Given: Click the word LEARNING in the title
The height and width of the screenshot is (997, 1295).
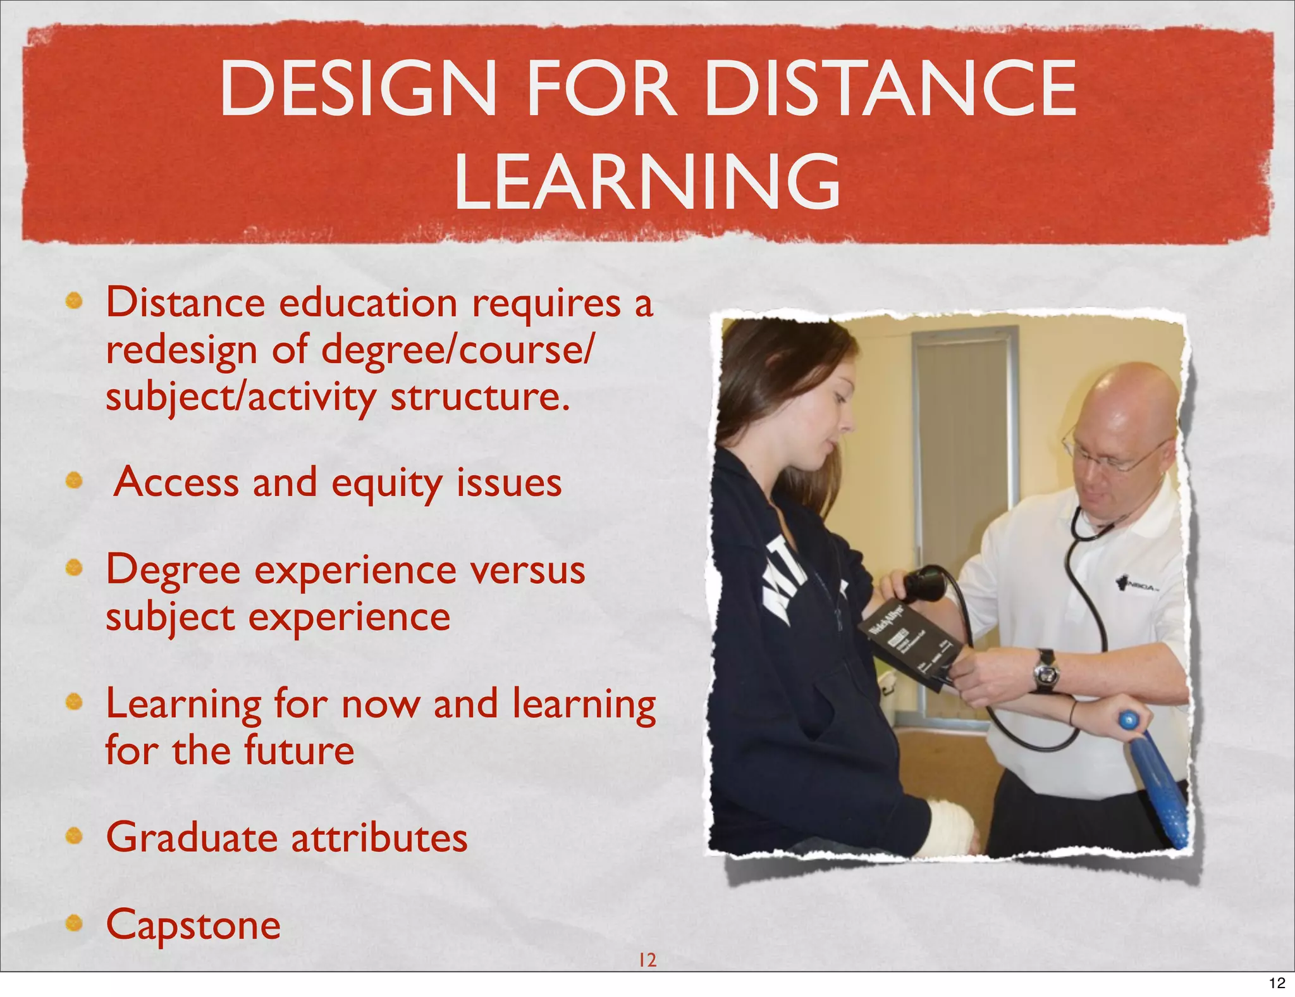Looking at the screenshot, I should (647, 182).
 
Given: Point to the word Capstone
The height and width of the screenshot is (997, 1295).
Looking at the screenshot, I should (193, 926).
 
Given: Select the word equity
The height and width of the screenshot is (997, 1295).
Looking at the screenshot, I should (387, 484).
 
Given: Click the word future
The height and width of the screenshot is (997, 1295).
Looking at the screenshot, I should (298, 751).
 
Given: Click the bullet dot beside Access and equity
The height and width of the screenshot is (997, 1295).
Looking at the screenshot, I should (75, 481).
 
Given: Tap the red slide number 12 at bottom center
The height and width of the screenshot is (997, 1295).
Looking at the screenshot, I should (647, 960).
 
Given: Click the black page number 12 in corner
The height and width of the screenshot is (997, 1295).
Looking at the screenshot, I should (1277, 983).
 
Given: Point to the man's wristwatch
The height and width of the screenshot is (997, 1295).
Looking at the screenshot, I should (1045, 671).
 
